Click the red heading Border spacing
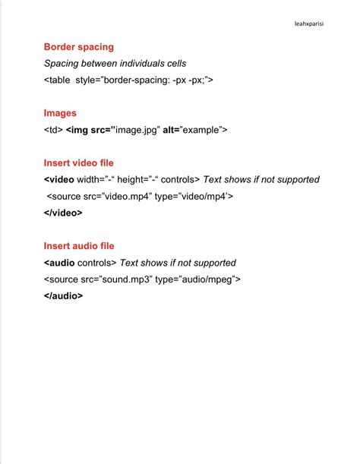click(79, 47)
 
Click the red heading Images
click(60, 113)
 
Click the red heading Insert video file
click(79, 163)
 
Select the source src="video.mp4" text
click(103, 196)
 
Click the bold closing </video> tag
click(63, 213)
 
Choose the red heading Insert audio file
click(79, 246)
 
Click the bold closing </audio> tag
click(63, 296)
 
